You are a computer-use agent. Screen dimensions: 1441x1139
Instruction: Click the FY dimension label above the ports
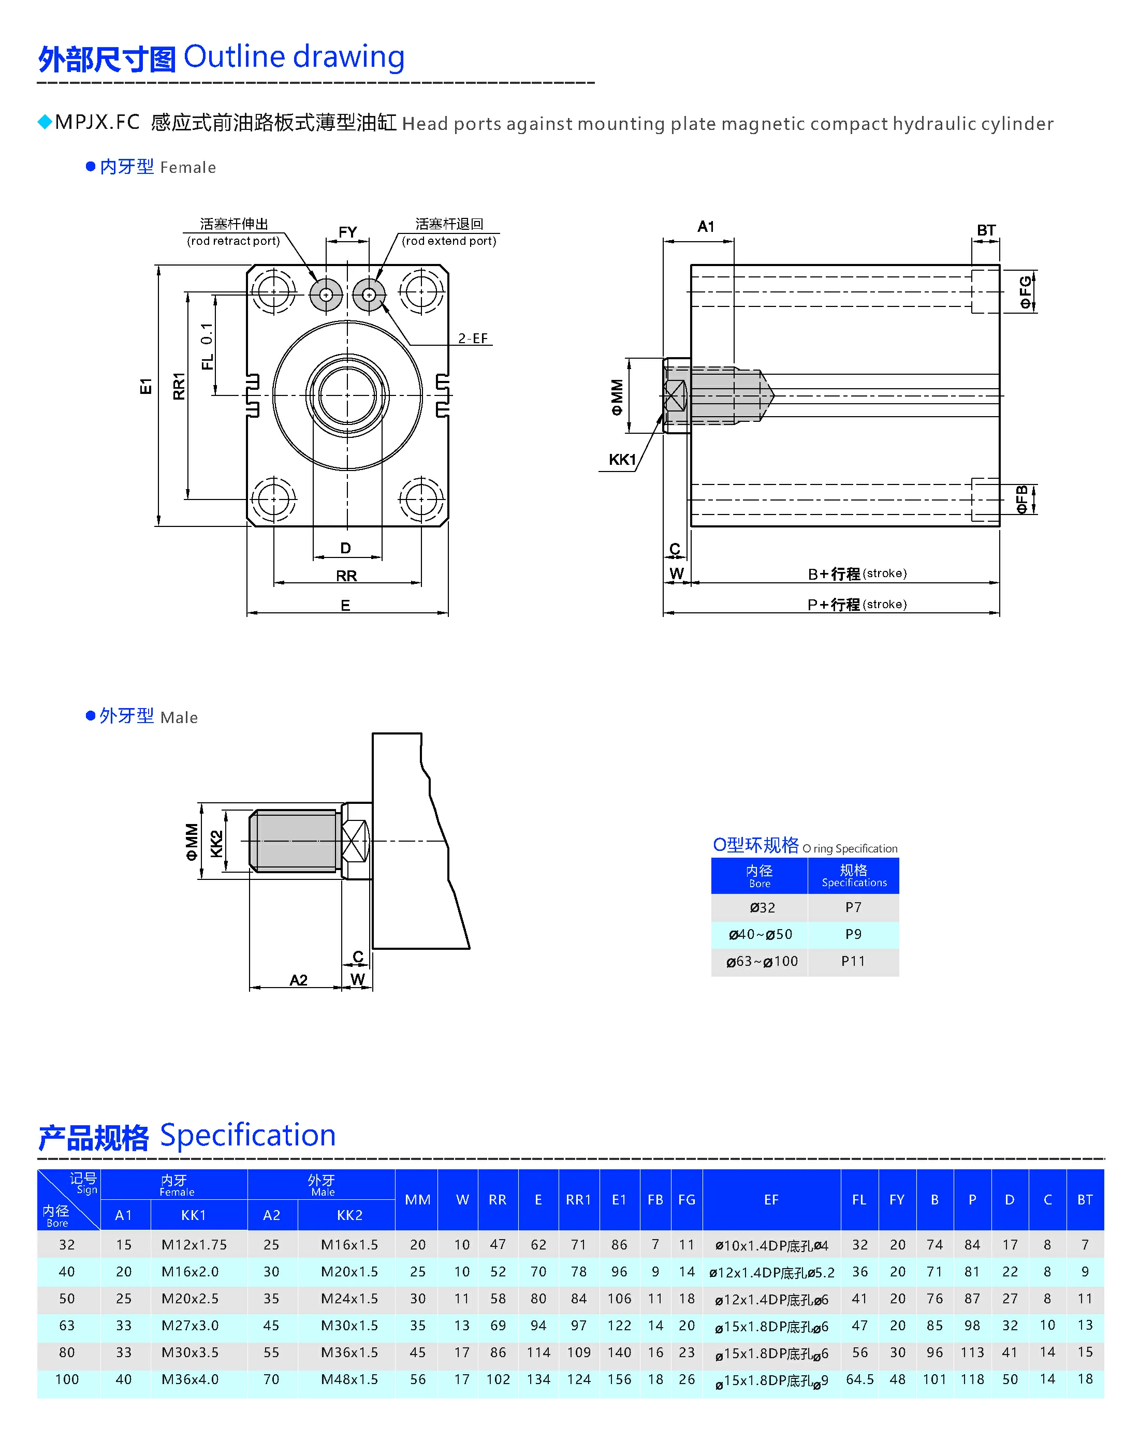pos(347,232)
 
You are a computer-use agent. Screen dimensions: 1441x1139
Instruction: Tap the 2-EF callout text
pos(473,339)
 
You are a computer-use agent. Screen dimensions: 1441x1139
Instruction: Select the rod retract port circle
pos(326,295)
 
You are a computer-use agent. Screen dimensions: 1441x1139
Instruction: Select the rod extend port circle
pos(369,295)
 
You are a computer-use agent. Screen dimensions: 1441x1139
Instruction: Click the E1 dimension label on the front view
pos(146,386)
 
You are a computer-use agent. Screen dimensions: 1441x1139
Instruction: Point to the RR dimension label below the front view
pos(346,576)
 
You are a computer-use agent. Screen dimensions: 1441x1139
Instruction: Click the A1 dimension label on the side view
pos(706,227)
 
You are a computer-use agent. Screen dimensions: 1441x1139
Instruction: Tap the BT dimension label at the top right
pos(986,231)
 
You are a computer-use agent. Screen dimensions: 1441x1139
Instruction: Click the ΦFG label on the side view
pos(1026,292)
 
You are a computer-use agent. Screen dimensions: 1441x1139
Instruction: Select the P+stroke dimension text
pos(857,605)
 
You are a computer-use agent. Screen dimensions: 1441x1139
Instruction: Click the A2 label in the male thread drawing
pos(298,980)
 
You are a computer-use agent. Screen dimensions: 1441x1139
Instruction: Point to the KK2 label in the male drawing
pos(216,844)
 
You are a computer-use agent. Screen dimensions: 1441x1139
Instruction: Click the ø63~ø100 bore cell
pos(762,962)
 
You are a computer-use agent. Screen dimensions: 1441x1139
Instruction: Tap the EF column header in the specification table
pos(771,1200)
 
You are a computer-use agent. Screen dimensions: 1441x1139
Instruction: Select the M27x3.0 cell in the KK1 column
pos(190,1326)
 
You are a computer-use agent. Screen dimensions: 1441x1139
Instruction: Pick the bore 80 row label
pos(67,1352)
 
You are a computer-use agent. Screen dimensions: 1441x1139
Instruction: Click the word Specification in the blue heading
pos(247,1135)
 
